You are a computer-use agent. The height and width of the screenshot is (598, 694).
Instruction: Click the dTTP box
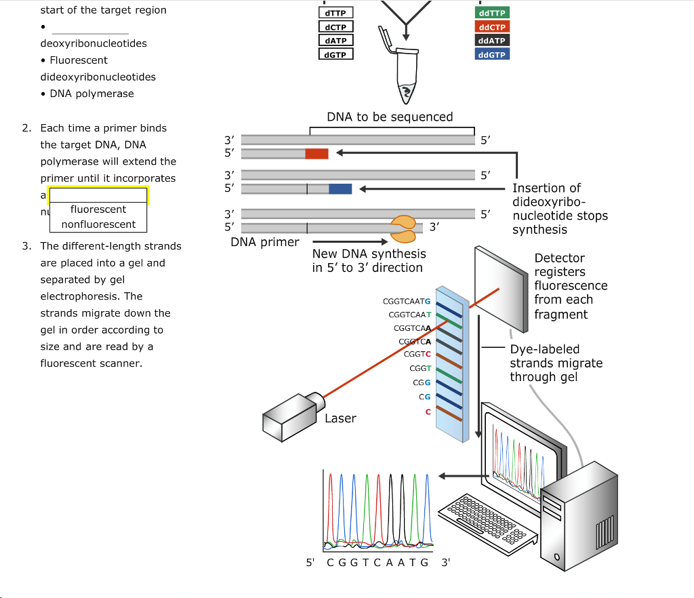(x=335, y=14)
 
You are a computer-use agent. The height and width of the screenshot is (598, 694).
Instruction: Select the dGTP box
(x=335, y=54)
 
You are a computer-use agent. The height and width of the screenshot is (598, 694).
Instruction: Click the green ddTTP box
(x=492, y=14)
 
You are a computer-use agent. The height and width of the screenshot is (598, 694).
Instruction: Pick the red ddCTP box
(x=492, y=27)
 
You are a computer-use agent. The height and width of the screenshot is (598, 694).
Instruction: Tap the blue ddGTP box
(x=492, y=54)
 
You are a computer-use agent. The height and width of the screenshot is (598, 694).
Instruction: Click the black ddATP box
(x=492, y=41)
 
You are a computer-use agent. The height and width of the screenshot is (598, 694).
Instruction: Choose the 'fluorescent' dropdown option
(x=98, y=210)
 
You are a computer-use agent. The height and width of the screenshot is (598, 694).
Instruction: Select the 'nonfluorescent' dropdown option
(x=98, y=224)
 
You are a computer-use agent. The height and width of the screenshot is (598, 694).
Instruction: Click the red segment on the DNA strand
(x=317, y=154)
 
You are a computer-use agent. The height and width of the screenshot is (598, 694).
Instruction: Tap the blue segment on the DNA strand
(x=340, y=188)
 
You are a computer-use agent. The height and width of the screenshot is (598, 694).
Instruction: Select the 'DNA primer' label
(x=265, y=242)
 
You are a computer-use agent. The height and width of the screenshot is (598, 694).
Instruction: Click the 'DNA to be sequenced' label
(x=390, y=117)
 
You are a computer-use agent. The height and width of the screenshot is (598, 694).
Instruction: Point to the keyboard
(x=484, y=518)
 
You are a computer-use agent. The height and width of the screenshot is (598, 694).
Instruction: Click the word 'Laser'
(x=340, y=418)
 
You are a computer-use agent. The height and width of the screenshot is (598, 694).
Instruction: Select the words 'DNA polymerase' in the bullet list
(x=91, y=94)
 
